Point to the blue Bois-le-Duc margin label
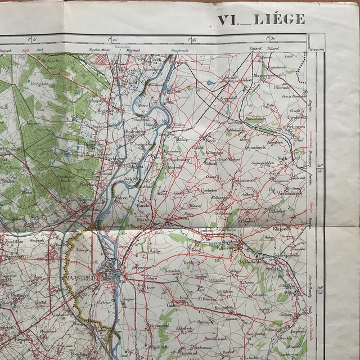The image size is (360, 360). (x=123, y=46)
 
